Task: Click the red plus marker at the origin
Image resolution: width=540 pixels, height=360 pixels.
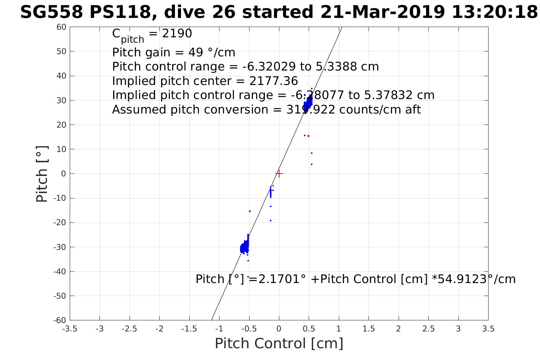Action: click(x=279, y=174)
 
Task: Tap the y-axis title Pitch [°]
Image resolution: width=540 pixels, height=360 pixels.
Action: click(x=42, y=174)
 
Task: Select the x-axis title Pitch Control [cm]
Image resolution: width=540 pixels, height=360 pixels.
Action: click(x=279, y=344)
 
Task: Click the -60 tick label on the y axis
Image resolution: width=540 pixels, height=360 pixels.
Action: click(x=60, y=320)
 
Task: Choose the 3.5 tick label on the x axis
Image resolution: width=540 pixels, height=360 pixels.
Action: click(x=488, y=329)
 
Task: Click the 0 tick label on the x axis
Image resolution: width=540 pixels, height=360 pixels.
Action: click(x=279, y=329)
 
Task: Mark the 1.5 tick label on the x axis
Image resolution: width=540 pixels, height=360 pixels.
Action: click(x=369, y=329)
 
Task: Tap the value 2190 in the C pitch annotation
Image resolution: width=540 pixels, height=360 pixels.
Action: click(x=177, y=34)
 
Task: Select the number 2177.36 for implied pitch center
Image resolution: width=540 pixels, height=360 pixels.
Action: click(x=273, y=81)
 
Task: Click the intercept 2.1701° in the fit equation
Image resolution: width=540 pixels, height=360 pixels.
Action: click(x=282, y=279)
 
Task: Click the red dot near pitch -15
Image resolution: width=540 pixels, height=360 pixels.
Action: click(x=250, y=211)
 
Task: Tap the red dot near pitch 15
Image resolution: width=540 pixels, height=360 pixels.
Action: click(x=308, y=136)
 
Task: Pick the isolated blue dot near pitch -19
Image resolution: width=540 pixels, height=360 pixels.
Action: click(x=271, y=221)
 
